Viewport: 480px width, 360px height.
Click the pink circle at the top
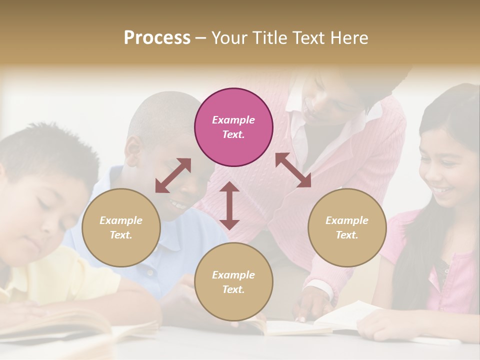[x=233, y=127]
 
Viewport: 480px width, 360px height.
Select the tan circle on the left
[x=121, y=227]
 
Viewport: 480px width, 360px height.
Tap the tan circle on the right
[x=347, y=227]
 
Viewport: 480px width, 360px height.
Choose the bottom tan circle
[x=233, y=282]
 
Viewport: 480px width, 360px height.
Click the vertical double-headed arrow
[x=229, y=205]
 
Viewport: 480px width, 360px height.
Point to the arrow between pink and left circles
[x=173, y=175]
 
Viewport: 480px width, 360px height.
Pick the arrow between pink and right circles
[x=293, y=170]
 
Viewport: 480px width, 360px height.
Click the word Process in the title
[x=157, y=37]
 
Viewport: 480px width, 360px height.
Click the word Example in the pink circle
[x=233, y=120]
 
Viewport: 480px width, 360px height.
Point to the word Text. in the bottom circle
[x=233, y=289]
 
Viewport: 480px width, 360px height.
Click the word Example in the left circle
[x=121, y=220]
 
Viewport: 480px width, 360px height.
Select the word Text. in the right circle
[x=347, y=235]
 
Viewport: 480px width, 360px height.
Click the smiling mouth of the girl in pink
[x=441, y=190]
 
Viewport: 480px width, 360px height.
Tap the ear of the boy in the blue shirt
[x=132, y=150]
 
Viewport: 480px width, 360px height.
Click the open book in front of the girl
[x=350, y=317]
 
